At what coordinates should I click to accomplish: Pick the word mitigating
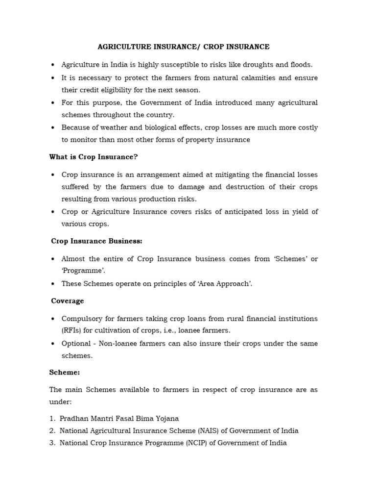click(241, 175)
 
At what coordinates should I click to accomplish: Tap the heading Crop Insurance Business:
click(96, 241)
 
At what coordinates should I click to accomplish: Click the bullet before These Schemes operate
click(53, 283)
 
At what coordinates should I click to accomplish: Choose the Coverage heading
click(68, 301)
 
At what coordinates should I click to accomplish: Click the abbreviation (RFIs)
click(71, 331)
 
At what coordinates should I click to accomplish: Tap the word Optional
click(76, 344)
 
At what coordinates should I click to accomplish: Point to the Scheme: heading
click(65, 373)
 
